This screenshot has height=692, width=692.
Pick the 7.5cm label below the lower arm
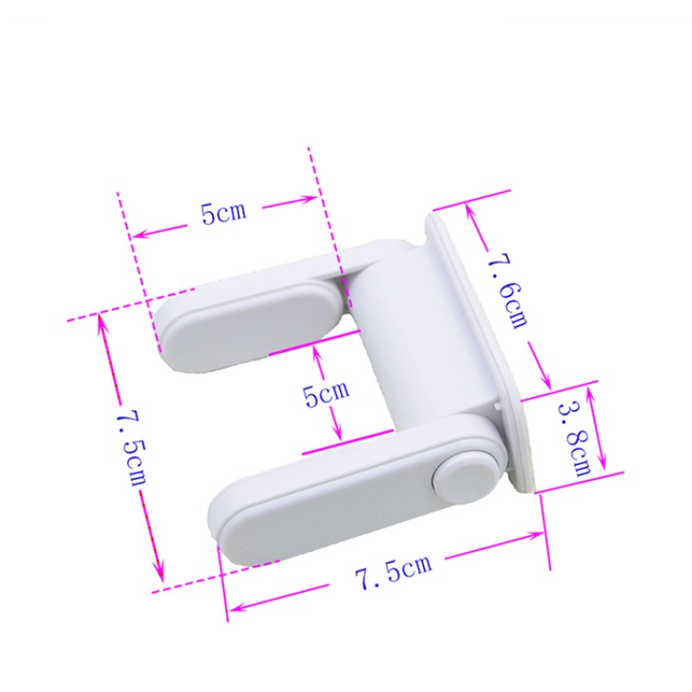393,572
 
